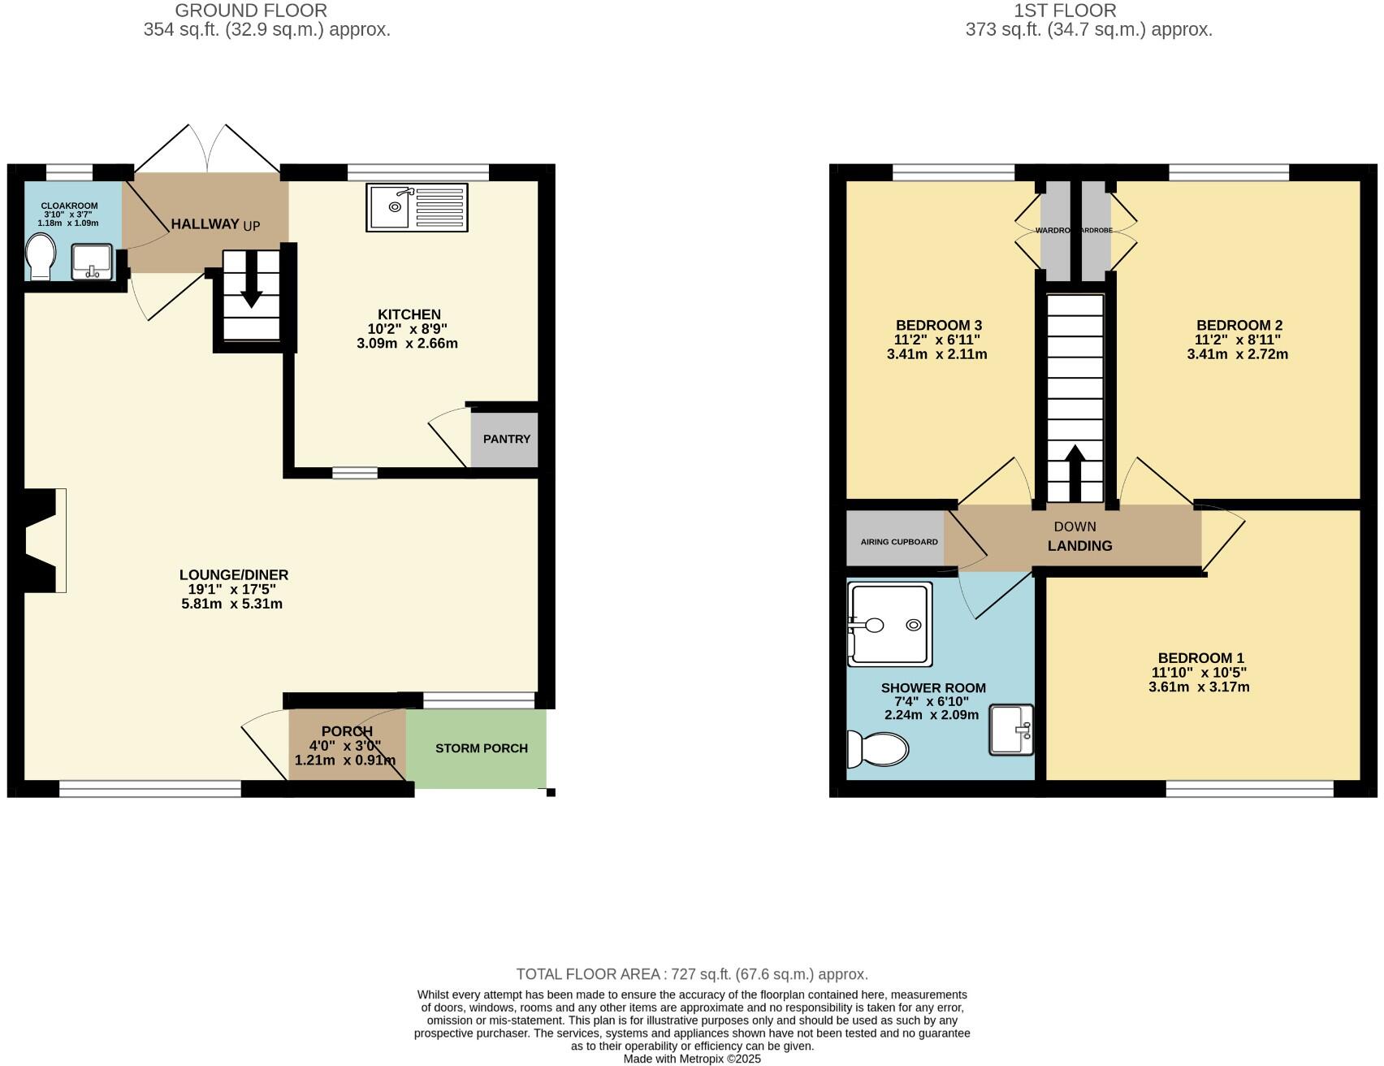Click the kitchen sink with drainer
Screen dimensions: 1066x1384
(417, 207)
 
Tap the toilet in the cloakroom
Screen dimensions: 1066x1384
(39, 257)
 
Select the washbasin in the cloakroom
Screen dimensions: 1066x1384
(92, 261)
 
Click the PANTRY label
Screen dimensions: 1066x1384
(506, 439)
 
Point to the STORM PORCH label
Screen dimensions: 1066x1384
(481, 748)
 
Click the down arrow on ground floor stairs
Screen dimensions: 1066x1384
(252, 281)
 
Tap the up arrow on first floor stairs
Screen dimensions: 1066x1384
(1075, 474)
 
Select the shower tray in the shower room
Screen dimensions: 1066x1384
(889, 624)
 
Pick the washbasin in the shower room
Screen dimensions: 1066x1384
(1011, 729)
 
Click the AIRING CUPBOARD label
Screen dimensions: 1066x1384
(898, 542)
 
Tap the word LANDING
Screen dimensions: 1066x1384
(1079, 546)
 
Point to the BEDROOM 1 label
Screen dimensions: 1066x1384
(1200, 658)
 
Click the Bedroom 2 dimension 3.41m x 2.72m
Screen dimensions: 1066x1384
(1237, 354)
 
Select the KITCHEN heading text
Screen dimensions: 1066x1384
(409, 314)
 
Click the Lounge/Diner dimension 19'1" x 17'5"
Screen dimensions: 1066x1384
(231, 589)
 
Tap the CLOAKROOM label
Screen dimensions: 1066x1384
(69, 206)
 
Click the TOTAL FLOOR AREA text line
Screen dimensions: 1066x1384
(692, 974)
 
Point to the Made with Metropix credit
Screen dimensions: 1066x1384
(692, 1059)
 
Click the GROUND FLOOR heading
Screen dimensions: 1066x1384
(251, 11)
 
